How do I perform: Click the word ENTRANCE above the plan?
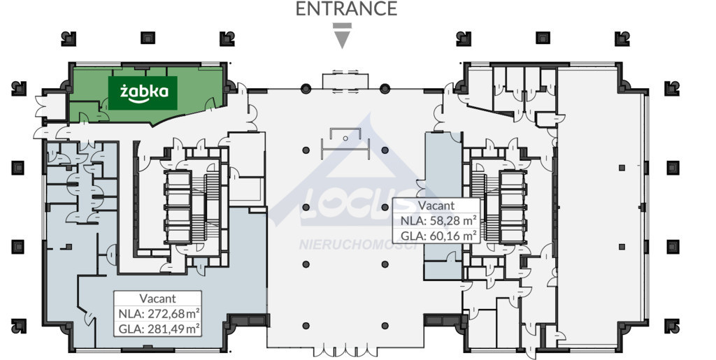click(x=346, y=8)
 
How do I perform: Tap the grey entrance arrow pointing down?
click(x=342, y=36)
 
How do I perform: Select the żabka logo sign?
click(x=143, y=93)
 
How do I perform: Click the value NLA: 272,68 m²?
click(x=158, y=314)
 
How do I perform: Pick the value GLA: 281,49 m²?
click(x=158, y=328)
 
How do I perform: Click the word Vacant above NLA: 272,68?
click(x=157, y=299)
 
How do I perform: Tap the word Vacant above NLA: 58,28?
click(x=436, y=206)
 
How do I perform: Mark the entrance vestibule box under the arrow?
click(x=345, y=80)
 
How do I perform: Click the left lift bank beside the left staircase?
click(x=178, y=207)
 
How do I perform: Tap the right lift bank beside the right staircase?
click(x=513, y=206)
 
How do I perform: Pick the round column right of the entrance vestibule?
click(x=385, y=88)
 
